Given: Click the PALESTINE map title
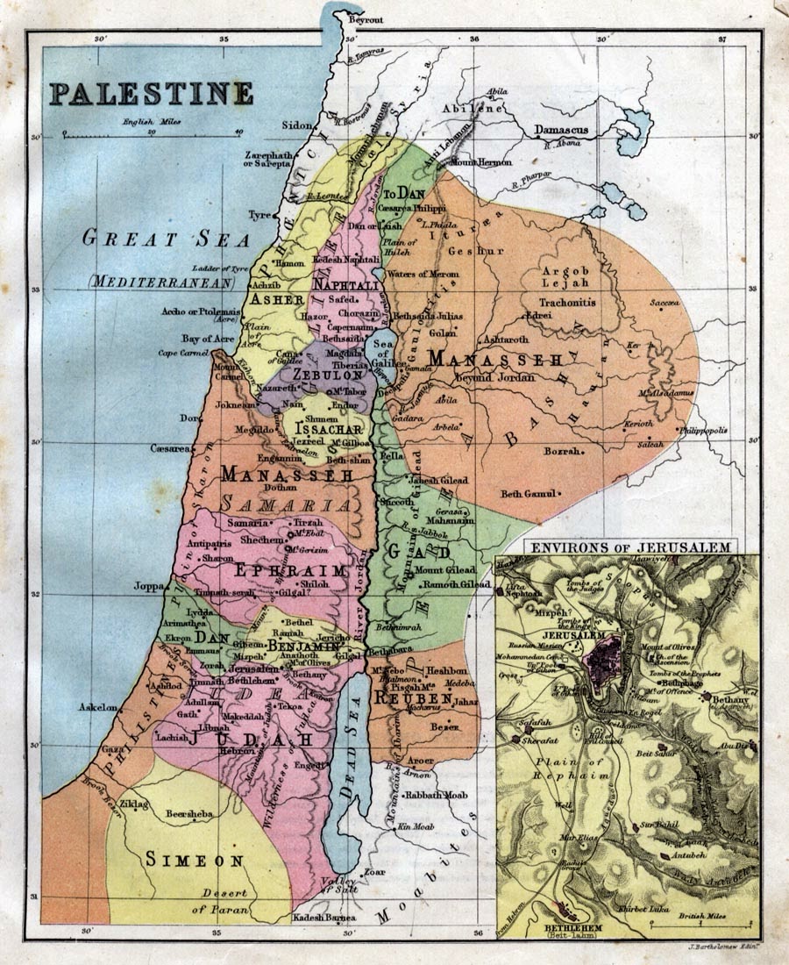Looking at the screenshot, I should click(151, 93).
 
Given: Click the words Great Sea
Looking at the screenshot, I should click(167, 238).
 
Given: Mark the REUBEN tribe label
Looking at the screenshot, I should click(412, 698).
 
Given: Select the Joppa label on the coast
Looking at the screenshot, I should click(149, 585).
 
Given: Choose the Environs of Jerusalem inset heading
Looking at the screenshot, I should click(628, 547).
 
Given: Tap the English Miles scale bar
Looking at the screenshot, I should click(152, 133).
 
